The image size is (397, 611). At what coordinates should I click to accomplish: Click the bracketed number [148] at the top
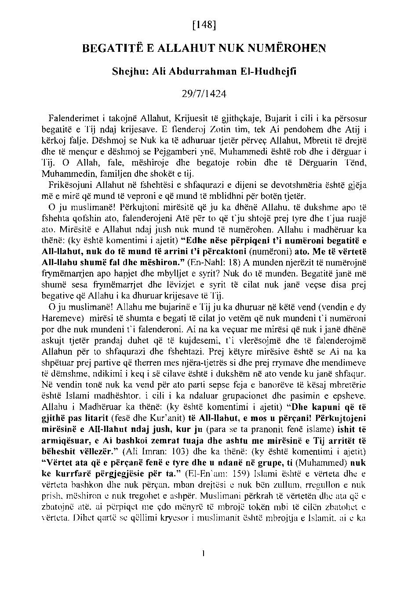click(x=204, y=25)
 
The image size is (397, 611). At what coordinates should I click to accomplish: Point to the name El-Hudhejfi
click(x=273, y=72)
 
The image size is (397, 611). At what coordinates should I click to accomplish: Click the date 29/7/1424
click(x=204, y=93)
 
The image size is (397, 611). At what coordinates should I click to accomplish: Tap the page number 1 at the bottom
click(x=204, y=554)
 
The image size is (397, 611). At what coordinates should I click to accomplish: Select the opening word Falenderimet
click(x=73, y=119)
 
